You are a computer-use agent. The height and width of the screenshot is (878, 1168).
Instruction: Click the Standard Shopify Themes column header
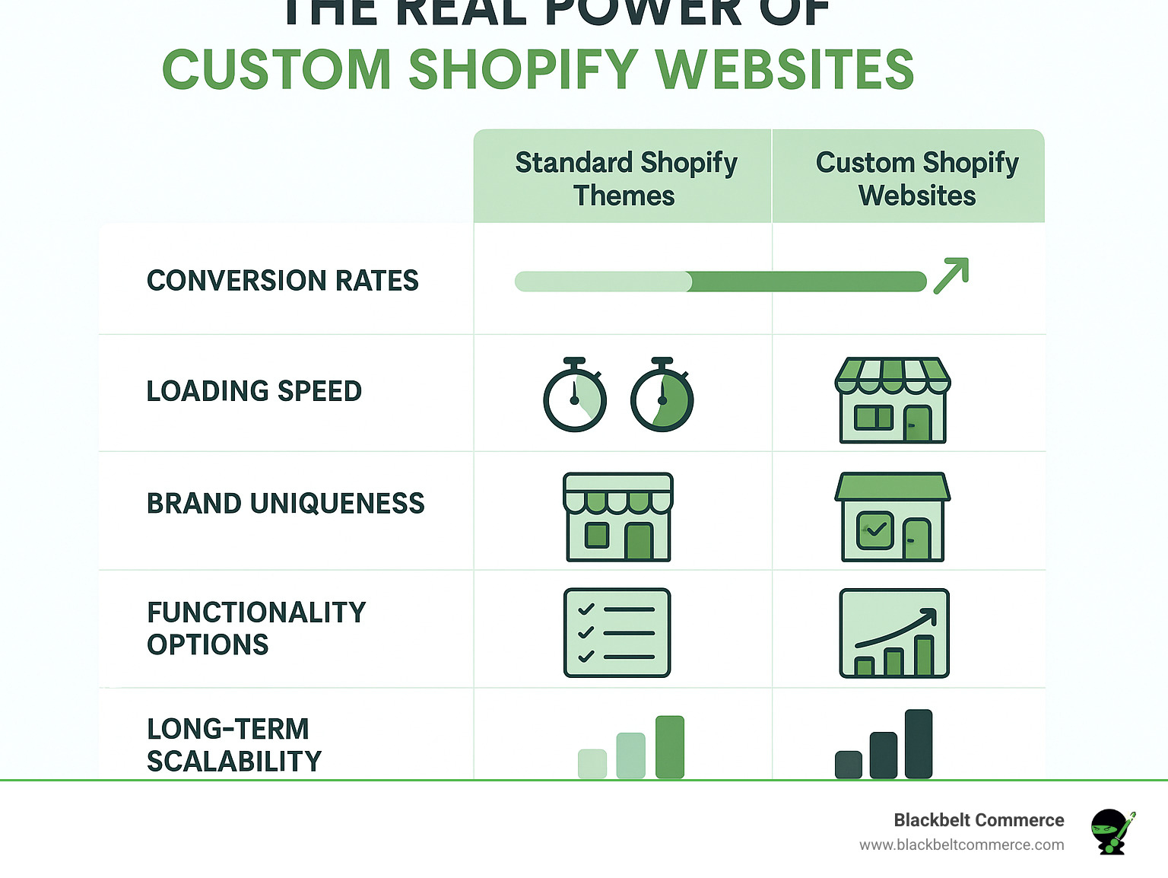pos(625,179)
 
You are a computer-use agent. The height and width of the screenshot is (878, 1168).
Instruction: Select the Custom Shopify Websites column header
pos(916,179)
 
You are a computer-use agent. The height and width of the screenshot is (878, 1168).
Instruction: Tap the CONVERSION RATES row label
pos(282,281)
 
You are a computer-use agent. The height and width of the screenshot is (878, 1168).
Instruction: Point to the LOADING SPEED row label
pos(254,391)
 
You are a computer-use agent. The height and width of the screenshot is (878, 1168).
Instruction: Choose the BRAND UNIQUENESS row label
pos(285,504)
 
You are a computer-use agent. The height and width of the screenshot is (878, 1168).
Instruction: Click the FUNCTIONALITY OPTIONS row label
pos(256,628)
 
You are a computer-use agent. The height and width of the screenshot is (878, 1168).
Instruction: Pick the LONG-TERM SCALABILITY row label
pos(233,745)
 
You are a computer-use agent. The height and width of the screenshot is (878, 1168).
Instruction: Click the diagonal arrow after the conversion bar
pos(951,275)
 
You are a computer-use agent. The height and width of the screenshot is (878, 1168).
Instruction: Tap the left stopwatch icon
pos(575,396)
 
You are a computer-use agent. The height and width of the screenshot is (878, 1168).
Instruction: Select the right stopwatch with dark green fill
pos(662,396)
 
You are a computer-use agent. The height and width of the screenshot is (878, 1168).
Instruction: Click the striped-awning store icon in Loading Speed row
pos(893,400)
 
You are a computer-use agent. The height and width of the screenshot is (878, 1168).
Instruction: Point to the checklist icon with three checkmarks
pos(617,632)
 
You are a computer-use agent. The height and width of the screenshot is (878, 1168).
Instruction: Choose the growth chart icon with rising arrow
pos(894,633)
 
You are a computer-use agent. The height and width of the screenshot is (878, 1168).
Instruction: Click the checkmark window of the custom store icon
pos(875,530)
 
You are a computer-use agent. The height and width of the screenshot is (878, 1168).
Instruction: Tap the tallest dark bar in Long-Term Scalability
pos(919,743)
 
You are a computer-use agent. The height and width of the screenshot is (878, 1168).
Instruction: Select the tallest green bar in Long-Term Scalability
pos(669,746)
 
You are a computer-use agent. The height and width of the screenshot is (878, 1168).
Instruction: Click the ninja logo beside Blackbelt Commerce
pos(1112,831)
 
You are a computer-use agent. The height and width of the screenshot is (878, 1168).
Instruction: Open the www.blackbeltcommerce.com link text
pos(961,845)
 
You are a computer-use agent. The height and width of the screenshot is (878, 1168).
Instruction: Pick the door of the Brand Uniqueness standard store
pos(639,541)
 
